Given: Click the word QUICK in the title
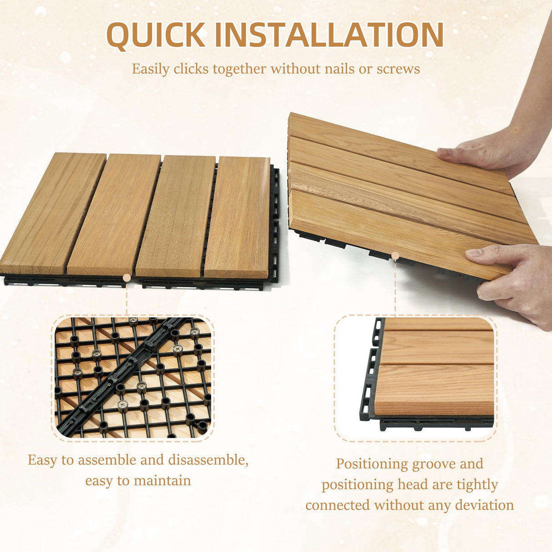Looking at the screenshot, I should coord(156,35).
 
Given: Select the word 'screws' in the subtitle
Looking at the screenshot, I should coord(398,69).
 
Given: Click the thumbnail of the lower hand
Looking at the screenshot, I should coord(473,253).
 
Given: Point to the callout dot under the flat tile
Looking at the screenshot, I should coord(127,277).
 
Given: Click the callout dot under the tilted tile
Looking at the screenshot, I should coord(395,256).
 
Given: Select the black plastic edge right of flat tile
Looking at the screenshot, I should coord(274,223).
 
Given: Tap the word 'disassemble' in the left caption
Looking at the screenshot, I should coord(207,460).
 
